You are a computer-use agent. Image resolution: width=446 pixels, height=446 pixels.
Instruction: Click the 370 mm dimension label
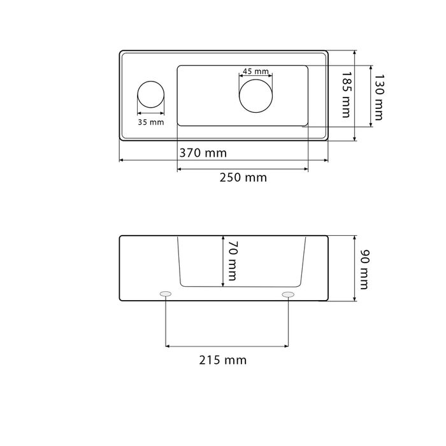coord(203,153)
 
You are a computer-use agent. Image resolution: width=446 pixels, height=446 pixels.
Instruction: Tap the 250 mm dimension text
coord(243,178)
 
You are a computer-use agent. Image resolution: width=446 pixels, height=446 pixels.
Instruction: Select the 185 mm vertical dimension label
coord(347,94)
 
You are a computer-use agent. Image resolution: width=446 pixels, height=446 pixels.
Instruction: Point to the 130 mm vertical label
coord(379,97)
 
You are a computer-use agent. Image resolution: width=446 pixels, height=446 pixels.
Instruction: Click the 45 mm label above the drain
coord(255,71)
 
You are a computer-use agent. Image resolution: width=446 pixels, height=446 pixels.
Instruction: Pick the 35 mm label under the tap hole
coord(151,122)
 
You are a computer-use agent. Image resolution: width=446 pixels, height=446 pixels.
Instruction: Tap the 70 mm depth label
coord(233,261)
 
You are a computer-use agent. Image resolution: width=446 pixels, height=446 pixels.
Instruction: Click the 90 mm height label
coord(364,270)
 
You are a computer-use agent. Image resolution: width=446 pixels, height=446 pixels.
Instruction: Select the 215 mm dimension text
coord(223,360)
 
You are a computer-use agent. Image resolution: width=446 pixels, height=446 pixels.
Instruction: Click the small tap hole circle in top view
coord(151,81)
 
